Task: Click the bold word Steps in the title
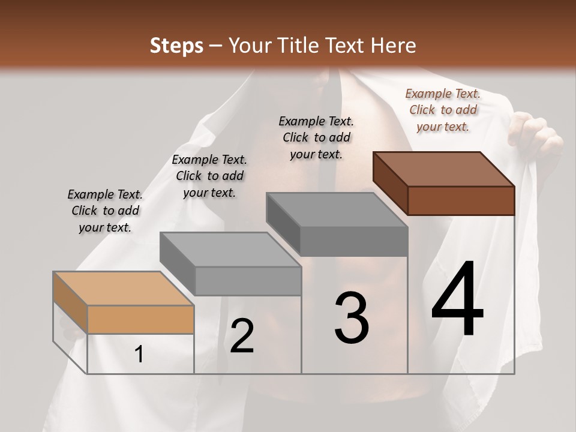(176, 46)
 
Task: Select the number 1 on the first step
(139, 355)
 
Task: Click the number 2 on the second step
(242, 336)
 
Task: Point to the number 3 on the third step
(351, 317)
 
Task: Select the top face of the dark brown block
(443, 169)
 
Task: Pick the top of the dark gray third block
(337, 209)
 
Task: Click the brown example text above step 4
(443, 110)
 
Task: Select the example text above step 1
(105, 211)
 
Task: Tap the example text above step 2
(209, 176)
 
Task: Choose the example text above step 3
(316, 137)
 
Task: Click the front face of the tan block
(140, 319)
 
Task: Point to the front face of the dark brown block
(461, 200)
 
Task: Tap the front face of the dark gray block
(354, 241)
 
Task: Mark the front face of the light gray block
(248, 281)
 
